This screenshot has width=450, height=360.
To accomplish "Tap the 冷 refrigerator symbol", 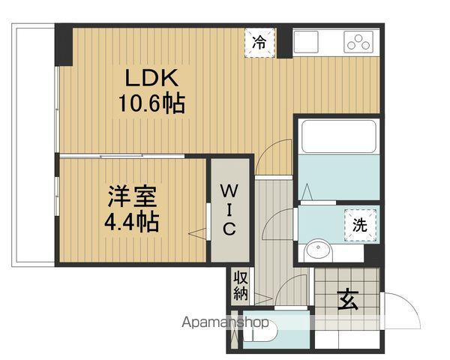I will pos(259,41).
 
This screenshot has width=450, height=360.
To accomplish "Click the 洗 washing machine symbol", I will pos(359,223).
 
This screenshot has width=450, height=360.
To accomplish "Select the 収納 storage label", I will pos(240,285).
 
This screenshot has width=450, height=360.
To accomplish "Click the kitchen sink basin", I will pos(307,42).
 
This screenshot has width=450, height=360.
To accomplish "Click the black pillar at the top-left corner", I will pos(64,45).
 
